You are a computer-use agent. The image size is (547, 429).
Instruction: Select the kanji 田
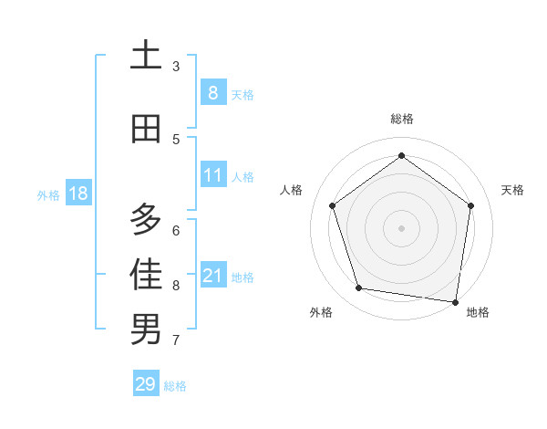pyautogui.click(x=146, y=129)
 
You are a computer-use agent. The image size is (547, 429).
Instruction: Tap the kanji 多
pyautogui.click(x=146, y=219)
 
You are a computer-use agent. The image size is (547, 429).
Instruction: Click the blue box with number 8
pyautogui.click(x=212, y=92)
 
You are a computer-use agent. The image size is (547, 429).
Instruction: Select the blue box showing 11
pyautogui.click(x=212, y=175)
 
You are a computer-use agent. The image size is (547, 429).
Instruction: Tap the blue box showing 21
pyautogui.click(x=212, y=276)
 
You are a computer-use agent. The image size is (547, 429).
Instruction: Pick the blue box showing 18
pyautogui.click(x=77, y=194)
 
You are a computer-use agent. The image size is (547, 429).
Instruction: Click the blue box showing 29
pyautogui.click(x=145, y=384)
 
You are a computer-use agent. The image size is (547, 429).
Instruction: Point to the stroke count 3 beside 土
pyautogui.click(x=176, y=67)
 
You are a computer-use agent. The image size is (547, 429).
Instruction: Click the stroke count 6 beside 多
pyautogui.click(x=176, y=230)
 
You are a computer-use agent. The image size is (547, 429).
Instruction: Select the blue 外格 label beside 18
pyautogui.click(x=48, y=194)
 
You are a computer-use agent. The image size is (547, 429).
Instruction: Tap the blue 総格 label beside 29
pyautogui.click(x=175, y=386)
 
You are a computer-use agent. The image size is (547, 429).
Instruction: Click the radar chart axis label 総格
pyautogui.click(x=401, y=119)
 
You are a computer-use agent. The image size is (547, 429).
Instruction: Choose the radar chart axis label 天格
pyautogui.click(x=512, y=190)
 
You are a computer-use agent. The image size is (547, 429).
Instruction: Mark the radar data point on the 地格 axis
pyautogui.click(x=456, y=301)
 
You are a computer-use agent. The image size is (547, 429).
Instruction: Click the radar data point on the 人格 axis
pyautogui.click(x=332, y=205)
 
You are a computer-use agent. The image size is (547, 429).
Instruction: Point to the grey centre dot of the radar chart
pyautogui.click(x=401, y=227)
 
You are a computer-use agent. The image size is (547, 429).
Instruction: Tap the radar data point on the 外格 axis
pyautogui.click(x=359, y=288)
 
